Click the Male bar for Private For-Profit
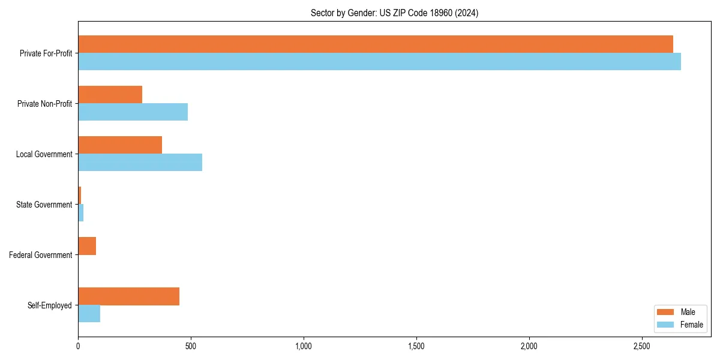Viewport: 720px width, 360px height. tap(376, 44)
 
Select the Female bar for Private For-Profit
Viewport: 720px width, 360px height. tap(379, 62)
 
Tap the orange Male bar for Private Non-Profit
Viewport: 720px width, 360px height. tap(110, 95)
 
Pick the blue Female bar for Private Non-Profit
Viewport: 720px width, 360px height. tap(133, 112)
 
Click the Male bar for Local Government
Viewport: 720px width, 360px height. tap(120, 145)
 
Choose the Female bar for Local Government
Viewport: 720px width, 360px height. tap(140, 163)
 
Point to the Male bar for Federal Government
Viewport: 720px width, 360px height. tap(87, 246)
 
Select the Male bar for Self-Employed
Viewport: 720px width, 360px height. tap(129, 296)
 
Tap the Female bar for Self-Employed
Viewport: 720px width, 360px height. tap(89, 314)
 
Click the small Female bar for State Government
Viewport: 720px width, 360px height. tap(81, 213)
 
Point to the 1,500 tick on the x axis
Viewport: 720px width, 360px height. tap(416, 347)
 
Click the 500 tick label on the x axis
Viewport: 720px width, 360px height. tap(191, 347)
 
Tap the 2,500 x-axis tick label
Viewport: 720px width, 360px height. tap(641, 347)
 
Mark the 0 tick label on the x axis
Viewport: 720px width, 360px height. tap(78, 347)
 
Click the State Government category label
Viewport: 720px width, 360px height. tap(44, 205)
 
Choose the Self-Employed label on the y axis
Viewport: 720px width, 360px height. tap(49, 305)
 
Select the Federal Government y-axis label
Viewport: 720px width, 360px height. tap(40, 255)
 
